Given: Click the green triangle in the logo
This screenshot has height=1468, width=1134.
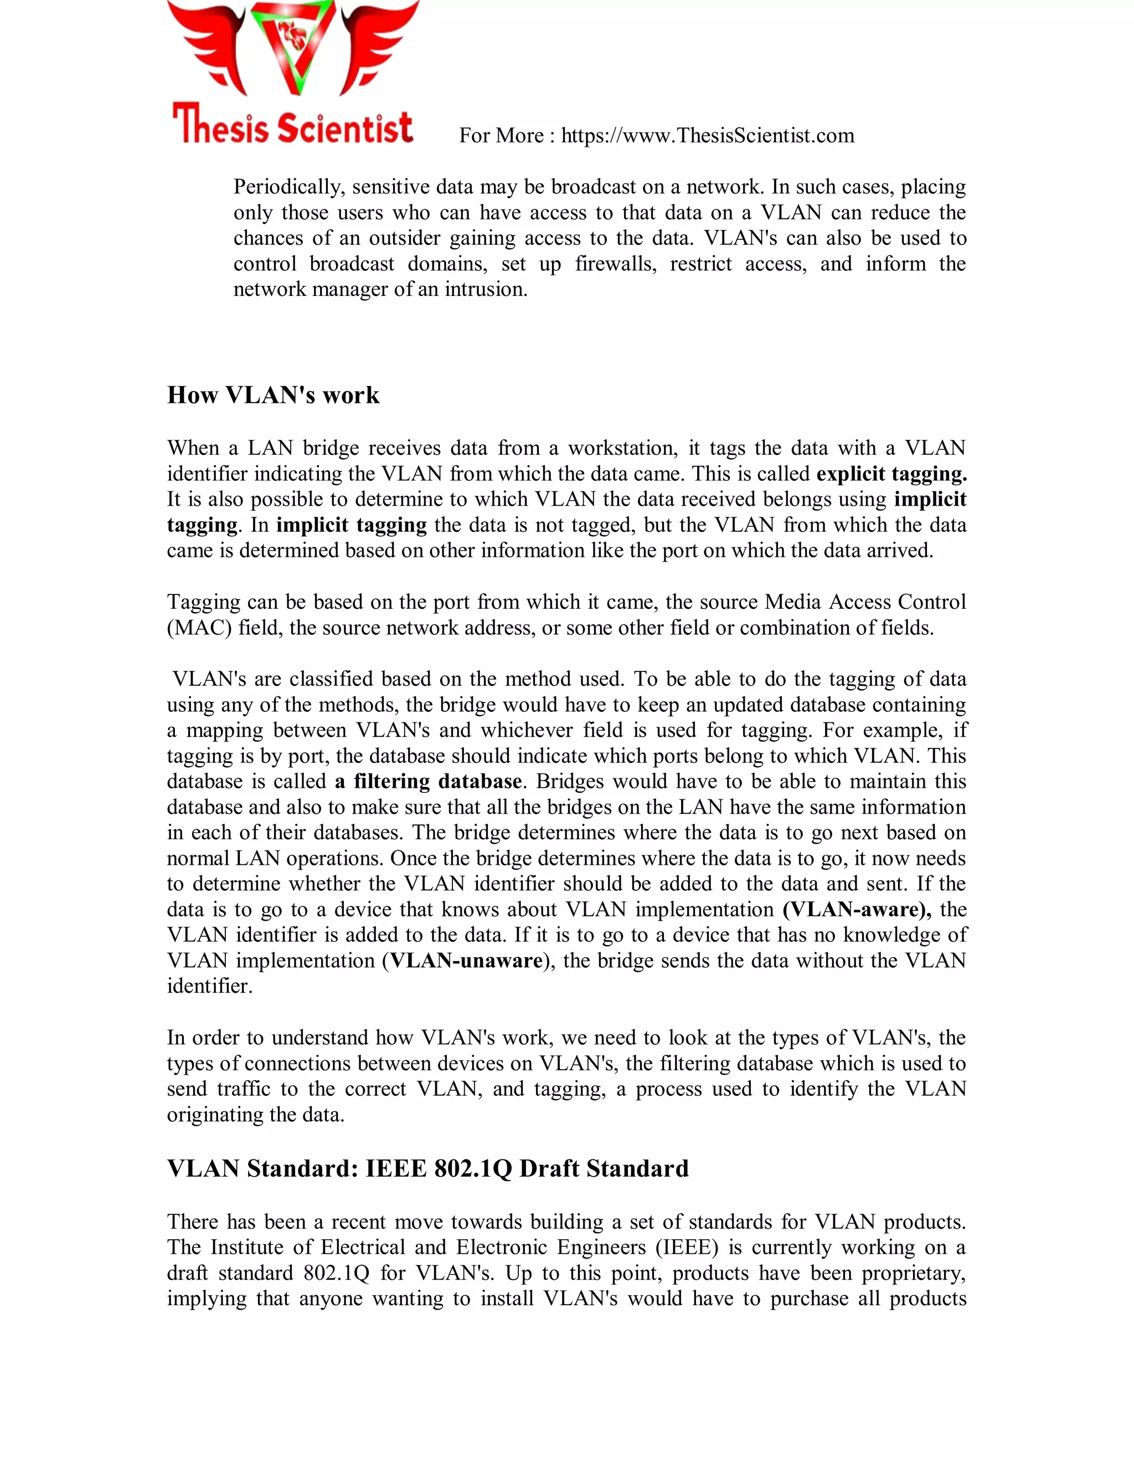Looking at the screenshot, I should (x=293, y=47).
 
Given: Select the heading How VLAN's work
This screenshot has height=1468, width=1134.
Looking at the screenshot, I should (x=273, y=394).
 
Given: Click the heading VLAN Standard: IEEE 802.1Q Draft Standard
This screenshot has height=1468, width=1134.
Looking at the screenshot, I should (x=427, y=1168).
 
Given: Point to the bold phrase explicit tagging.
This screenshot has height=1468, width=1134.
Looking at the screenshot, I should (x=891, y=474).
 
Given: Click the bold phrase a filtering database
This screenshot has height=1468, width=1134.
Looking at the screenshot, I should (x=428, y=781).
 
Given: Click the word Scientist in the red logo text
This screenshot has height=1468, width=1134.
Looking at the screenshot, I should (x=346, y=128).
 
